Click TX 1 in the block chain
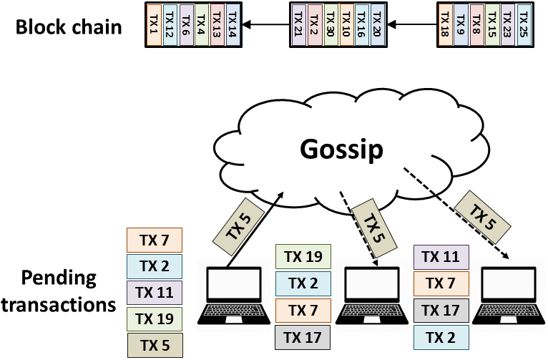153,25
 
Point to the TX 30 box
329,25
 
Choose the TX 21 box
298,25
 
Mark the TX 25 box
524,25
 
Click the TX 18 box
445,25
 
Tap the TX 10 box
345,25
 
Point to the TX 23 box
508,25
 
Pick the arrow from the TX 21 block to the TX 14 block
266,26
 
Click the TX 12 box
169,25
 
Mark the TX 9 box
461,25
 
